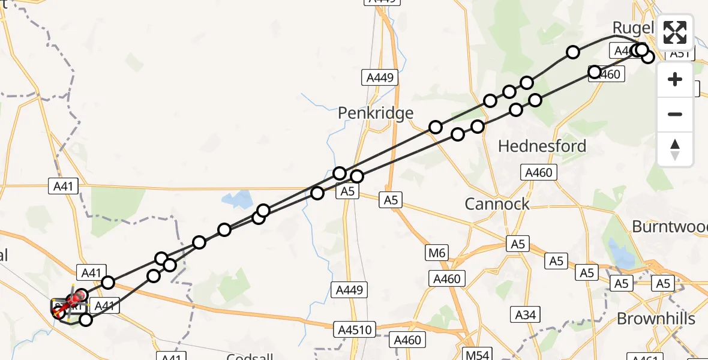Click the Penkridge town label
click(376, 113)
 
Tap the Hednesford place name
click(542, 146)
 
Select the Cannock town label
click(497, 204)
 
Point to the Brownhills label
click(656, 319)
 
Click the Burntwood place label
click(670, 226)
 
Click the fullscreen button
click(675, 32)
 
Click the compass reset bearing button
click(675, 149)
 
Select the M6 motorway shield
click(437, 253)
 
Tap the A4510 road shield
click(356, 329)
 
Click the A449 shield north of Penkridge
click(381, 77)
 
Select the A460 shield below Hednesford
click(538, 173)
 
